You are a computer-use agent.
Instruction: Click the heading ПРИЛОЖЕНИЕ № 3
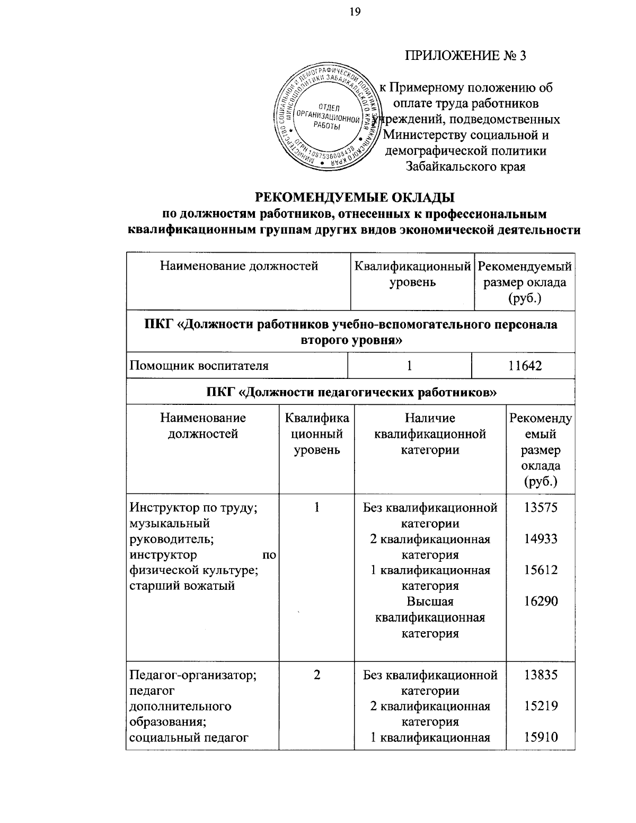tap(466, 56)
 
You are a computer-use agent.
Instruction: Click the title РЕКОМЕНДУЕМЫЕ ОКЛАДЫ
tap(355, 198)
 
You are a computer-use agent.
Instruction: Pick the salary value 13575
tap(541, 508)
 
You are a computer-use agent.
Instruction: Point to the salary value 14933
tap(541, 539)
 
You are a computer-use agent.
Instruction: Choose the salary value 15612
tap(541, 570)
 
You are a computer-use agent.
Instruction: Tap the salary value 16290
tap(541, 601)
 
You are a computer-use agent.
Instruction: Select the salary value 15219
tap(541, 706)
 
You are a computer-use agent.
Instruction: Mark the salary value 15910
tap(541, 737)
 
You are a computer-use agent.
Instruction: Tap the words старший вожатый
tap(182, 586)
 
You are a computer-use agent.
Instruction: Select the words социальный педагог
tap(189, 737)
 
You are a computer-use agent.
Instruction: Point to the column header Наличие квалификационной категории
tap(430, 434)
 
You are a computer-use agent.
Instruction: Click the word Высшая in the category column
tap(430, 601)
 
